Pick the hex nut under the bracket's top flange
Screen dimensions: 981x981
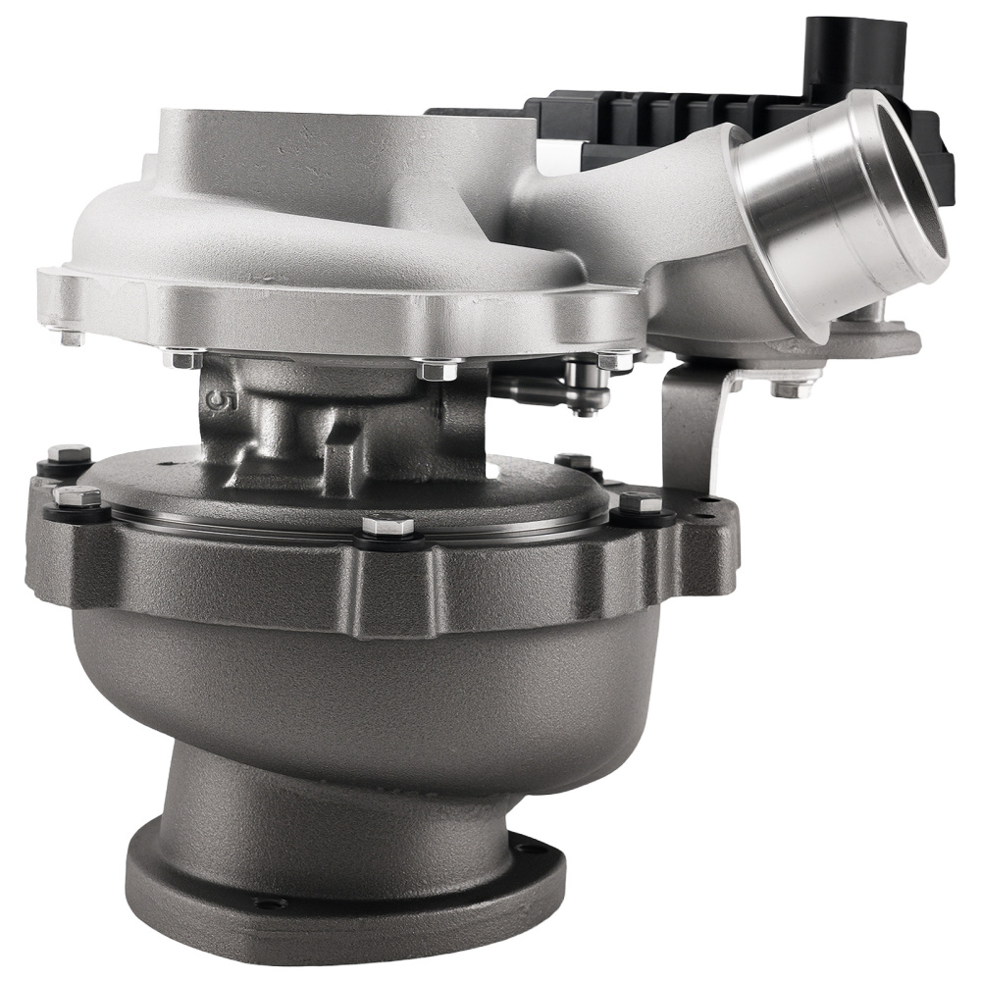point(785,388)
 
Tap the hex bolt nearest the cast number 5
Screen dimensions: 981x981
point(186,361)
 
